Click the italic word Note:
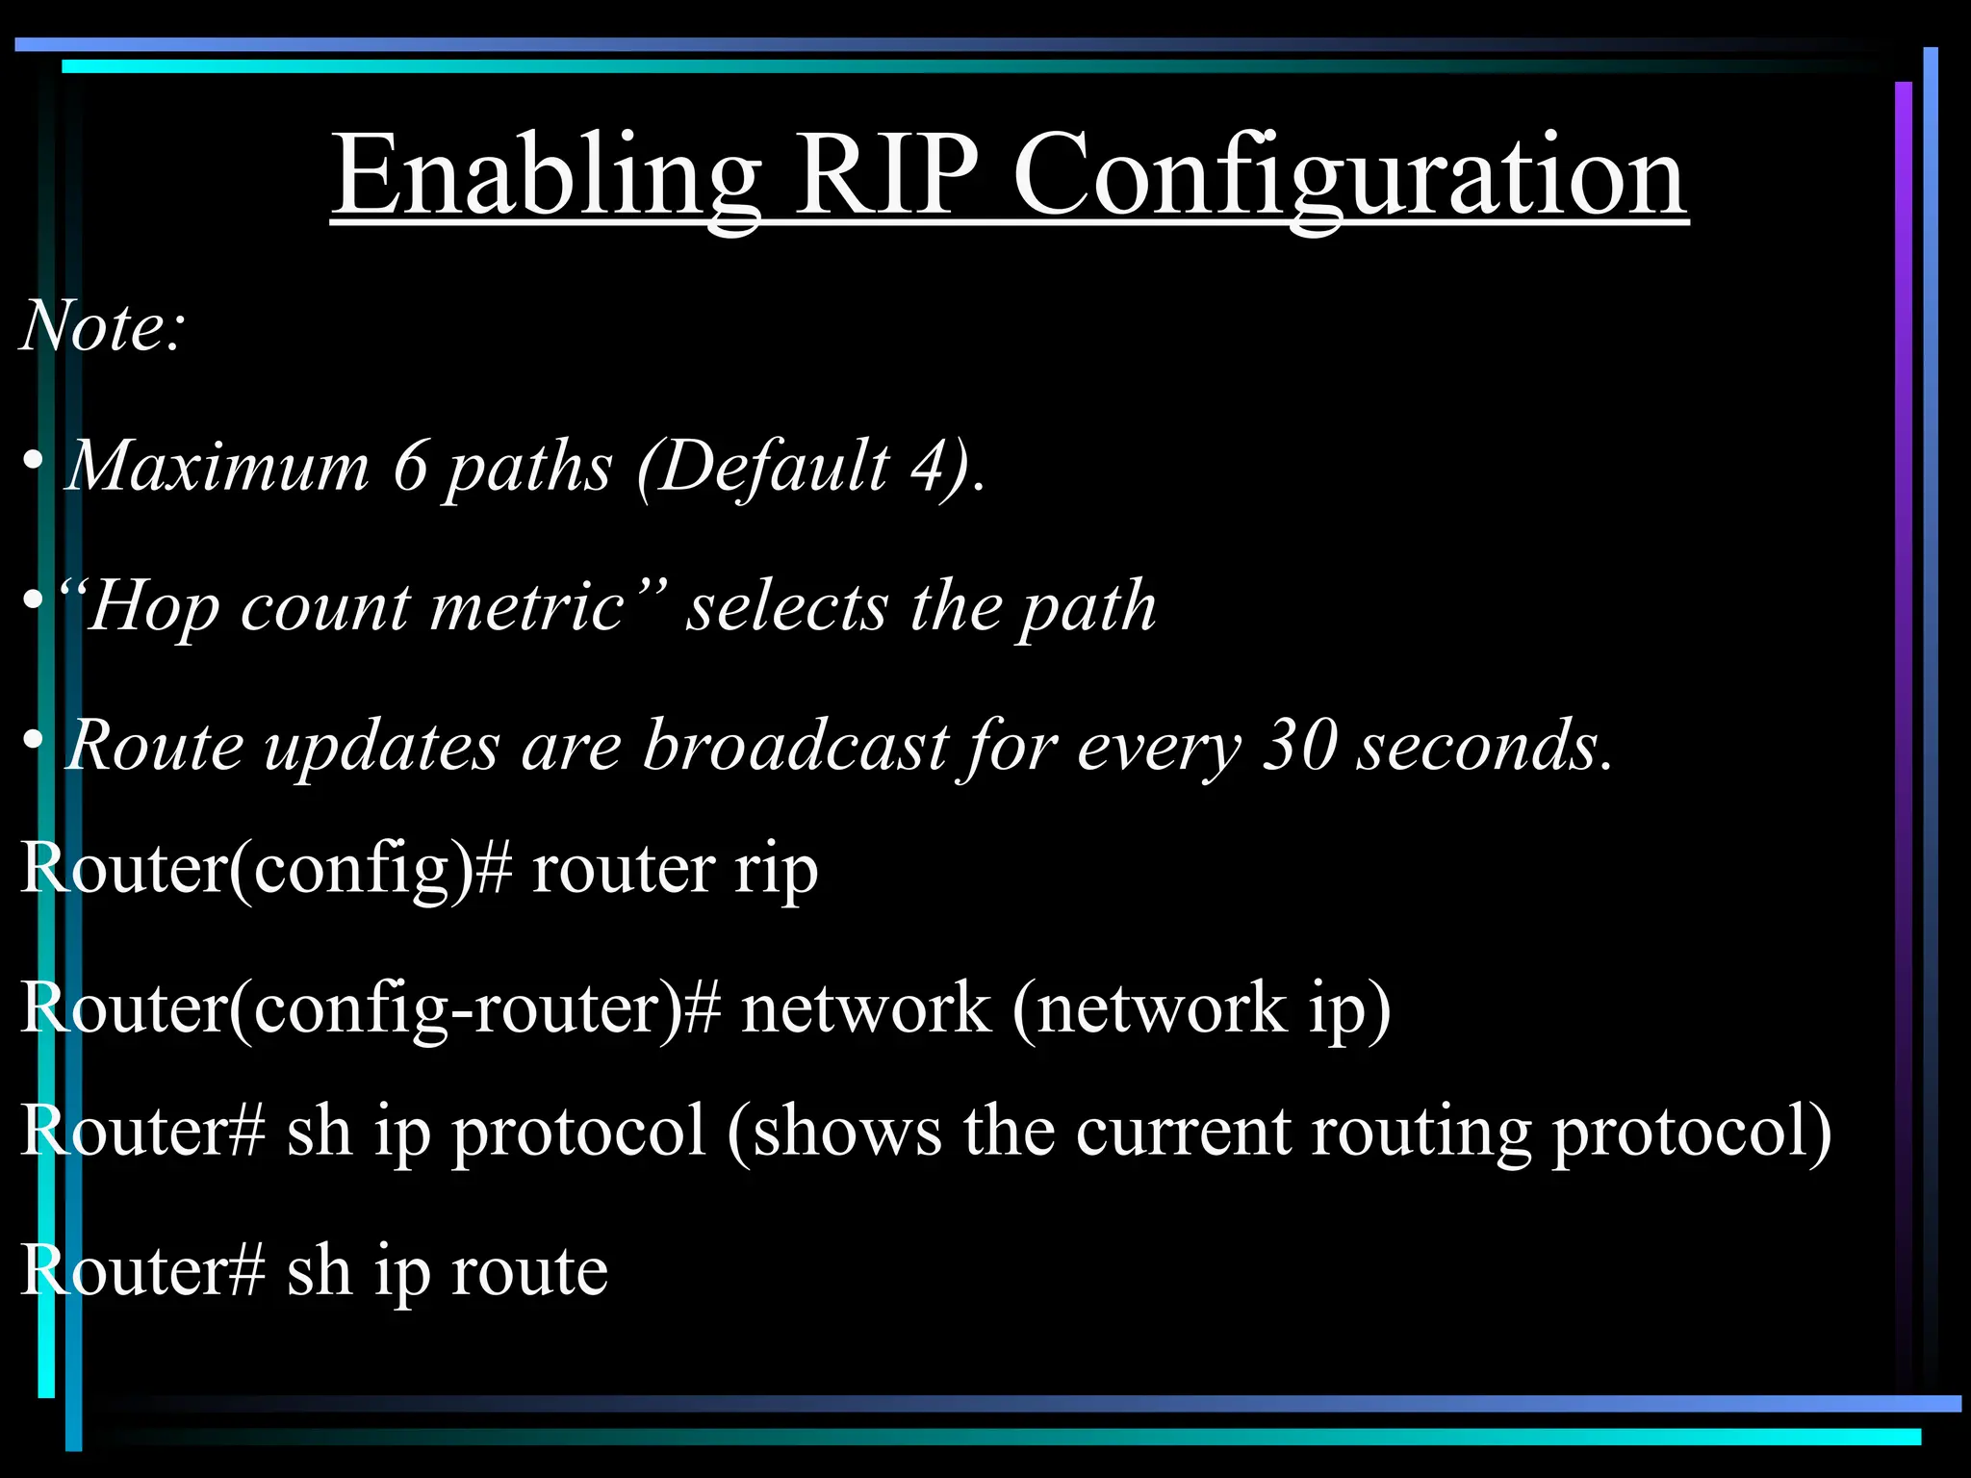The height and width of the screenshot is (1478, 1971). [x=102, y=326]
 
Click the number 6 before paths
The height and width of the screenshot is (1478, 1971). [x=410, y=467]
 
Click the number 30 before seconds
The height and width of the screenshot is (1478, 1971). [x=1298, y=746]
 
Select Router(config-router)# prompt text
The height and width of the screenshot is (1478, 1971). [x=370, y=1009]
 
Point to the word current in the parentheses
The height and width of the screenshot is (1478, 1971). [x=1183, y=1132]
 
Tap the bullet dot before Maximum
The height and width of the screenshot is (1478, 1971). [x=33, y=463]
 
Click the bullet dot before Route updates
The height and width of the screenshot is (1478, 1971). [x=33, y=741]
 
